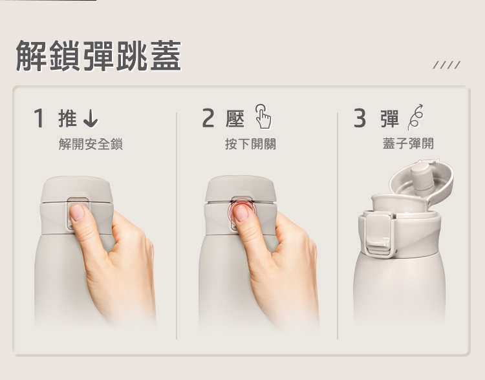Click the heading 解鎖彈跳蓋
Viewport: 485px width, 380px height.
tap(98, 56)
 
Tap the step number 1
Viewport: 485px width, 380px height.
tap(39, 118)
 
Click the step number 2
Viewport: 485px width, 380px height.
tap(208, 118)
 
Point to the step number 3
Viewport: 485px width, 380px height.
tap(360, 118)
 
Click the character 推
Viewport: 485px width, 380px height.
tap(67, 118)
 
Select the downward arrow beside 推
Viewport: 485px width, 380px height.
tap(91, 118)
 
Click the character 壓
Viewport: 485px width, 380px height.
tap(235, 118)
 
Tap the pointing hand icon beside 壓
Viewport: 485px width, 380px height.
tap(263, 116)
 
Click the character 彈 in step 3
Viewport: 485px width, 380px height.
tap(390, 118)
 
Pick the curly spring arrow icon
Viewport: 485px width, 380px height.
tap(415, 117)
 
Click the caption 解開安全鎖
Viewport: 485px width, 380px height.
tap(91, 144)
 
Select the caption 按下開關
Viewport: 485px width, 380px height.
tap(250, 144)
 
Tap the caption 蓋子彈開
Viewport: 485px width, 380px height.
tap(408, 143)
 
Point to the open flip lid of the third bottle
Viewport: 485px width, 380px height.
tap(421, 181)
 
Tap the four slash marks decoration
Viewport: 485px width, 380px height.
tap(447, 65)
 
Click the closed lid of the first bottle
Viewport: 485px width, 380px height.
tap(77, 189)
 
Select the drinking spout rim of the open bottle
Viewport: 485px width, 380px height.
tap(400, 202)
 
